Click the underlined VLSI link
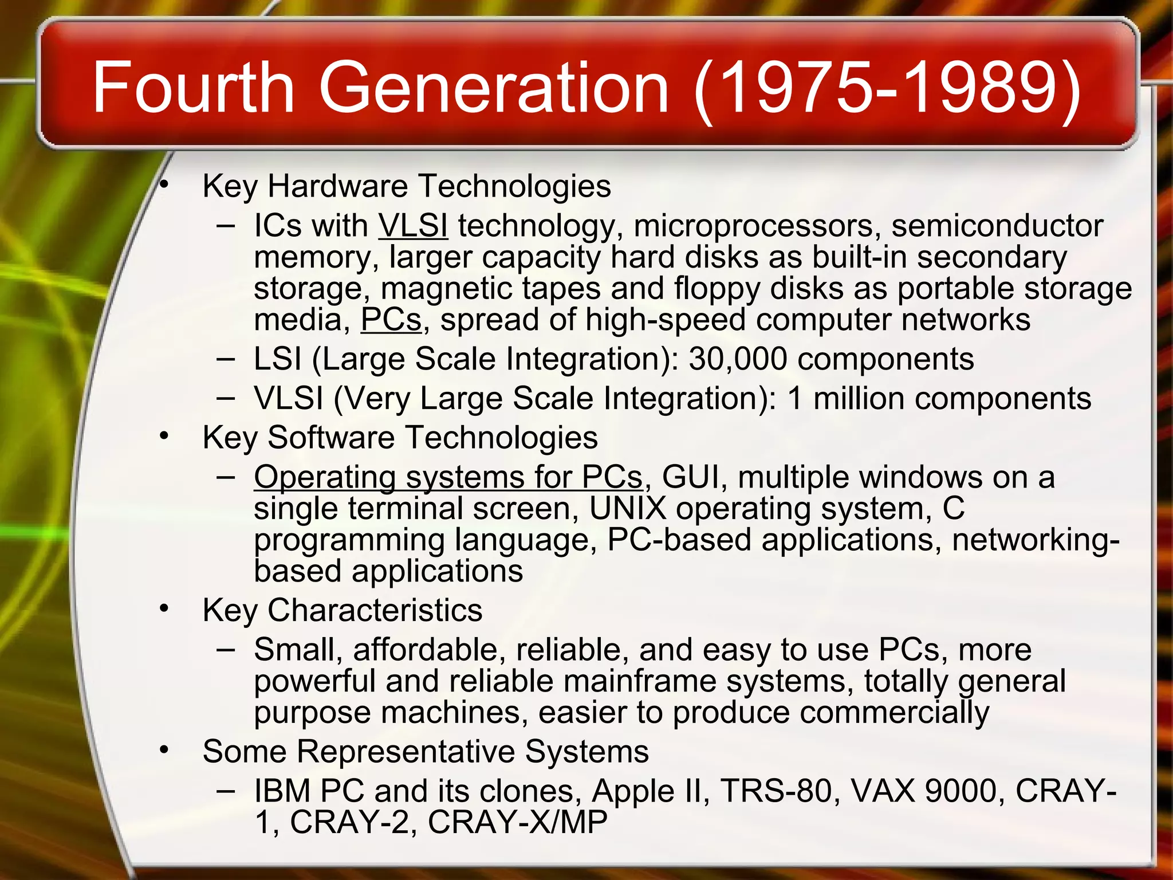point(413,226)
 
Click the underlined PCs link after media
point(391,320)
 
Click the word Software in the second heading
point(331,438)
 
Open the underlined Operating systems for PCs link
point(448,477)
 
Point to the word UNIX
point(628,509)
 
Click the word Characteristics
point(375,611)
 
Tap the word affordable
point(430,650)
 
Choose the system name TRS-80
point(776,791)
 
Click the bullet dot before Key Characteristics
point(165,608)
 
